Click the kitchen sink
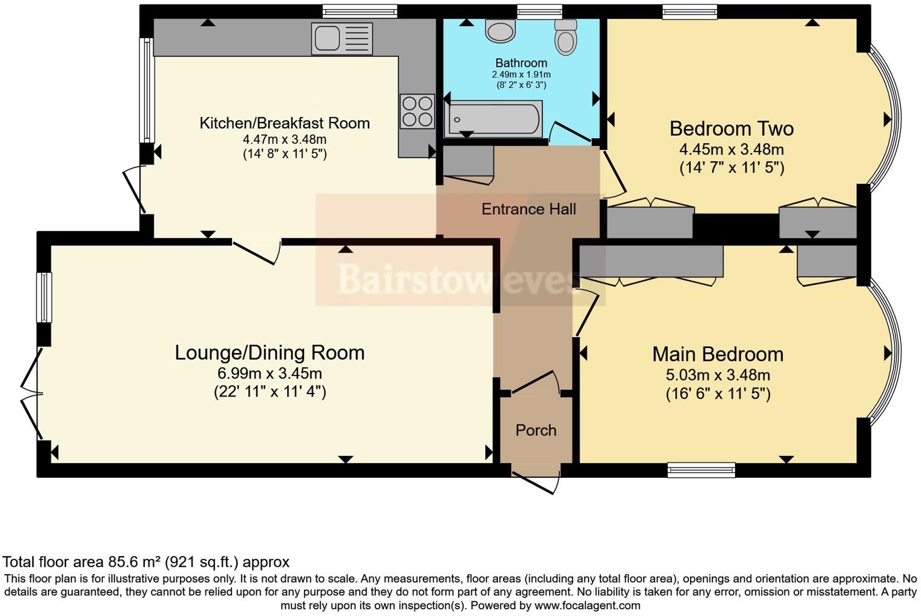click(x=342, y=38)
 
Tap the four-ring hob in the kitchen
click(x=417, y=112)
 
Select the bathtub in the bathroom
click(x=493, y=119)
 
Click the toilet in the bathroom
click(x=566, y=38)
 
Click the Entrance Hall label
click(x=528, y=209)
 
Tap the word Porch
click(x=536, y=430)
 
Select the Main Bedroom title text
click(x=717, y=354)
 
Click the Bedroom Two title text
click(x=731, y=129)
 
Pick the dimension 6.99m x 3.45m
click(x=270, y=373)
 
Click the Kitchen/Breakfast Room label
click(x=284, y=123)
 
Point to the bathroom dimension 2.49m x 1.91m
click(x=521, y=75)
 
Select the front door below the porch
click(x=536, y=480)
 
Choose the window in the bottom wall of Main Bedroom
click(x=701, y=470)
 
